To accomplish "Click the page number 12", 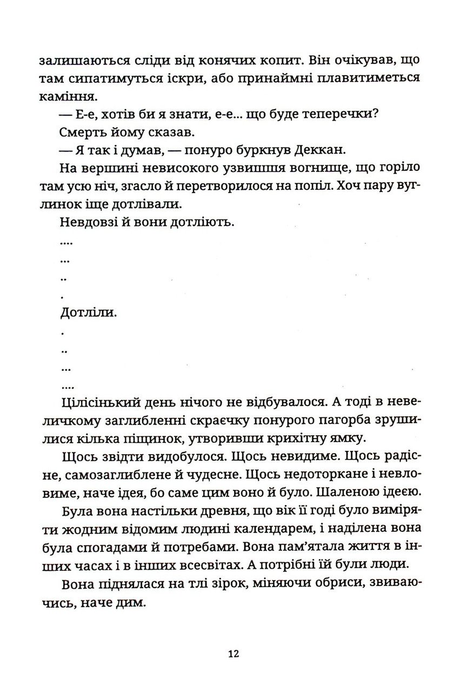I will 233,653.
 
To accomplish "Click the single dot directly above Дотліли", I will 63,297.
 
